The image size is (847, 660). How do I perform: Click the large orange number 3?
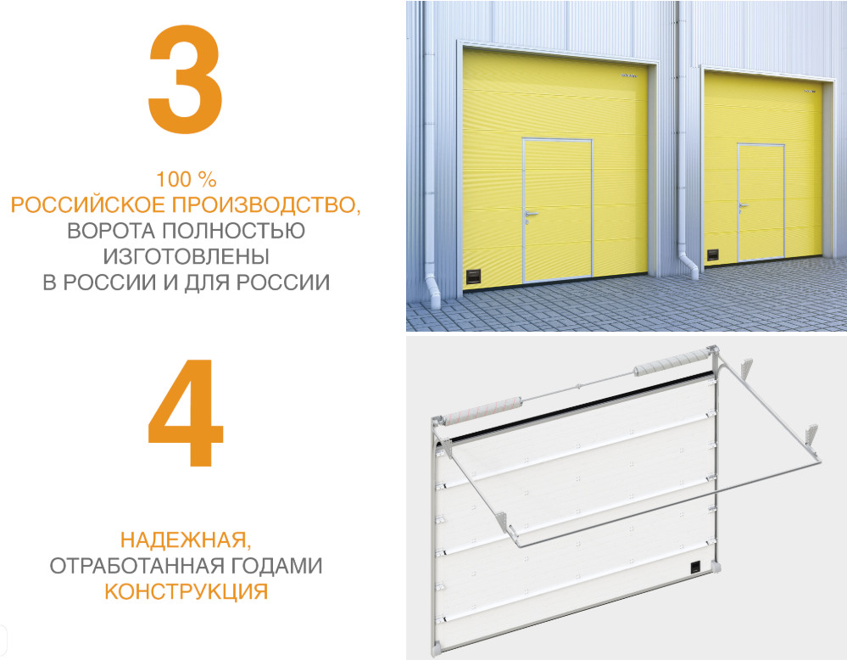click(185, 78)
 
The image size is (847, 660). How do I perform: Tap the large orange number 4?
click(185, 413)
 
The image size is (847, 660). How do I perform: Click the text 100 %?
click(187, 180)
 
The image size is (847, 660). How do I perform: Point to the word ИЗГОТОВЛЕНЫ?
click(187, 255)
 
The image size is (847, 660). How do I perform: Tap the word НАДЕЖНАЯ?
click(184, 540)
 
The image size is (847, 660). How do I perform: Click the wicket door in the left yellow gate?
click(555, 210)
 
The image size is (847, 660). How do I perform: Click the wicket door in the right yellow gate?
click(760, 200)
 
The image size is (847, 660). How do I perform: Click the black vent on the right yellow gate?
click(713, 253)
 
